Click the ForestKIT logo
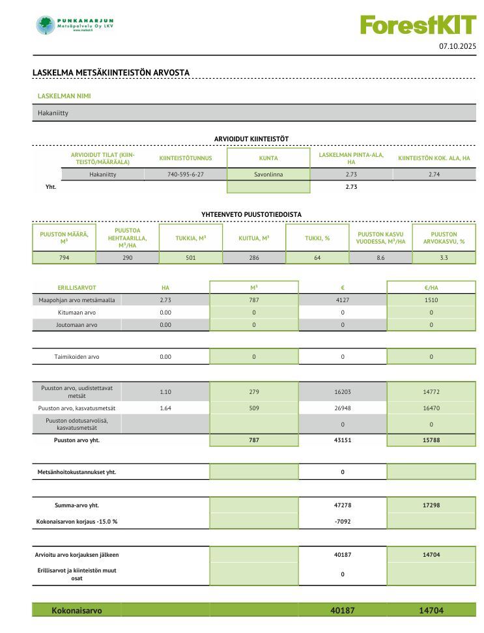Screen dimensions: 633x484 coord(418,25)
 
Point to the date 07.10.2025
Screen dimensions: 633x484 coord(458,46)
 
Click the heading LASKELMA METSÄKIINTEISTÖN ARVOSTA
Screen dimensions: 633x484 coord(111,72)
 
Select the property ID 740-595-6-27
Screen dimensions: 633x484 coord(186,175)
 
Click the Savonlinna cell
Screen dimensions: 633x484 coord(268,175)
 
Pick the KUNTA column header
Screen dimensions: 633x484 coord(268,158)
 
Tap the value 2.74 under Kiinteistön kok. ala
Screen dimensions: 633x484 coord(434,175)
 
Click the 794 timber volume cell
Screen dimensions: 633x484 coord(64,258)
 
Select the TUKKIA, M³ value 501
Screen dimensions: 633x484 coord(190,258)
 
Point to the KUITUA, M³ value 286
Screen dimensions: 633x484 coord(254,258)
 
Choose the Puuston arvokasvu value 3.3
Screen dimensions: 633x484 coord(444,258)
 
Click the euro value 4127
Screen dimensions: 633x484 coord(343,300)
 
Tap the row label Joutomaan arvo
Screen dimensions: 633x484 coord(77,324)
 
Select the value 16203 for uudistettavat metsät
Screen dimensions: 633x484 coord(343,392)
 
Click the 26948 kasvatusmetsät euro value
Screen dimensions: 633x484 coord(343,408)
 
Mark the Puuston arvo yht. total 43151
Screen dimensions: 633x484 coord(343,440)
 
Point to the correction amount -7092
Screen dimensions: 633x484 coord(343,522)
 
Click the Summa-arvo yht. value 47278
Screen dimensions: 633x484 coord(343,505)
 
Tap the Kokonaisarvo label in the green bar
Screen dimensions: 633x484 coord(77,610)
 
